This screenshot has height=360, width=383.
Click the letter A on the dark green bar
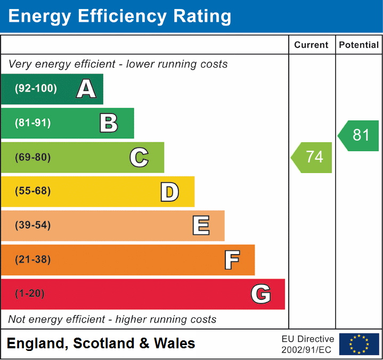[86, 89]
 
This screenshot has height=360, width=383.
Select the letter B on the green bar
[109, 123]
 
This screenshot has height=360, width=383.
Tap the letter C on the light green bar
[139, 157]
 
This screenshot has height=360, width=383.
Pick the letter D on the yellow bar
[169, 192]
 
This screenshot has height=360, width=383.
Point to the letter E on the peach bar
[201, 225]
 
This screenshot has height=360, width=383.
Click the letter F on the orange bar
[232, 260]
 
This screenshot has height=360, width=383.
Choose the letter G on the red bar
[261, 294]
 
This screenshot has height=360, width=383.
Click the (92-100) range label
[36, 89]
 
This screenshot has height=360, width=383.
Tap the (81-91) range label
[33, 123]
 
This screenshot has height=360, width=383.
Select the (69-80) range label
[33, 157]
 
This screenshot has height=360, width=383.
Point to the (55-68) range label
[33, 191]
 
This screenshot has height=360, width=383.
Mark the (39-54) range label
[33, 225]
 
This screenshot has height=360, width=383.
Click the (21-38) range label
[33, 260]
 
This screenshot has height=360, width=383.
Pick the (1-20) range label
[30, 294]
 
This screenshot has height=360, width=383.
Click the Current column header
[312, 45]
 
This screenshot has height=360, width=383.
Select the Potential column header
[359, 45]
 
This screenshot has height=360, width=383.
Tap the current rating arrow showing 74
[313, 157]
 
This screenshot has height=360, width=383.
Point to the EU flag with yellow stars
[359, 344]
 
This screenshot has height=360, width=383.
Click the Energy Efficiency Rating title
[120, 17]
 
